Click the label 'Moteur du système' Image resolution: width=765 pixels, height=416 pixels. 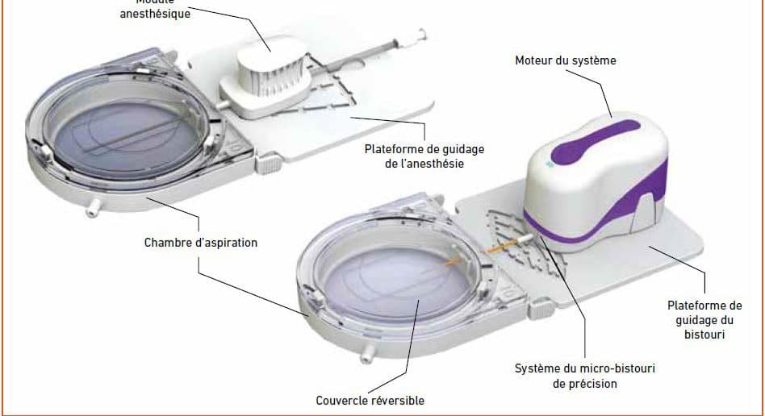pos(565,60)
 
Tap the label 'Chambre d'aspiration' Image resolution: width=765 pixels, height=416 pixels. pos(201,242)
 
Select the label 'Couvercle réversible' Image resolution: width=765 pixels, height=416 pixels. pos(370,400)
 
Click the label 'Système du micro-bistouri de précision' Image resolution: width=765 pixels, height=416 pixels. pos(585,376)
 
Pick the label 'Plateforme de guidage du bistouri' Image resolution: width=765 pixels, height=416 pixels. pos(704,319)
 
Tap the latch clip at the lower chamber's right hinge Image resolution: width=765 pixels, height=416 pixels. pos(538,308)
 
